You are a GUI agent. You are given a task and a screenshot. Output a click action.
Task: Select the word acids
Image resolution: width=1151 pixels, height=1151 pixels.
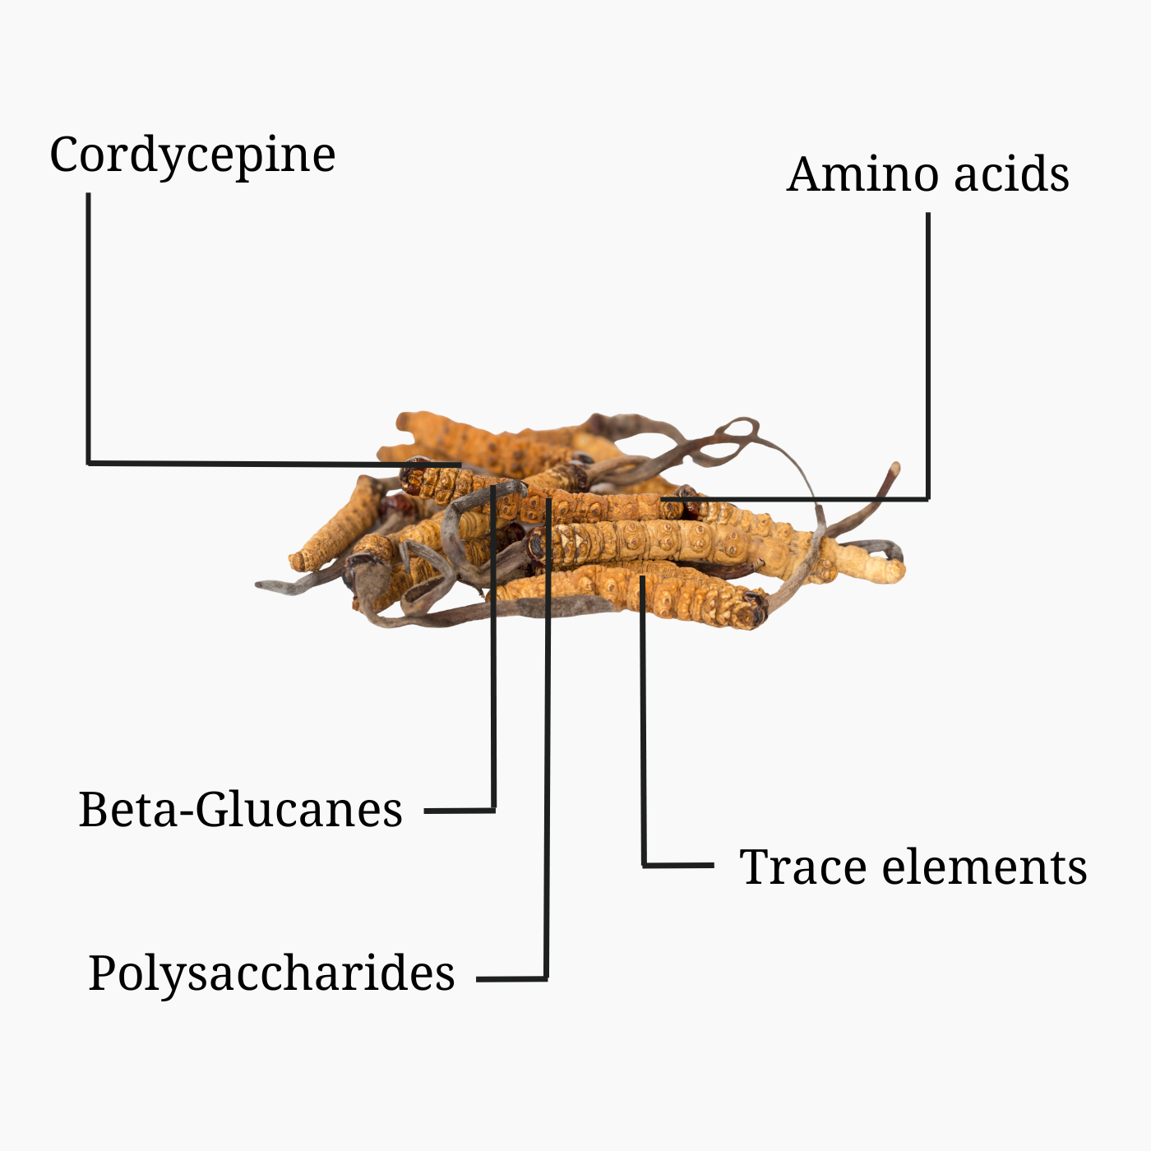[x=1012, y=174]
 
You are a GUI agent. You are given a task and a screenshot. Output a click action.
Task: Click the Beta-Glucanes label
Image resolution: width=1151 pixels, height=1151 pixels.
[x=241, y=810]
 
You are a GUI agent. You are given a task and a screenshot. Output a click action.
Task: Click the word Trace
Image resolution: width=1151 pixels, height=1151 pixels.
[x=803, y=866]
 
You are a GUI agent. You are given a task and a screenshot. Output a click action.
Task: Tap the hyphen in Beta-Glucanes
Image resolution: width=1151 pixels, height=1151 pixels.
[x=187, y=813]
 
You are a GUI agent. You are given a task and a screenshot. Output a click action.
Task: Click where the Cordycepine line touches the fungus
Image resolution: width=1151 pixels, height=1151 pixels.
[x=460, y=465]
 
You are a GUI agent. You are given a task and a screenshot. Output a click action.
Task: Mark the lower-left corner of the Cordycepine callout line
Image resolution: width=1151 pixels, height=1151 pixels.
[x=89, y=463]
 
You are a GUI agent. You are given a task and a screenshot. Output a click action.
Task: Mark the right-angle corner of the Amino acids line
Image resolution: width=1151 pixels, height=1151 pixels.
[x=928, y=498]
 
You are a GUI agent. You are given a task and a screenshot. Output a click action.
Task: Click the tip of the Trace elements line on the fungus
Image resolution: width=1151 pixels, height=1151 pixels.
[x=642, y=576]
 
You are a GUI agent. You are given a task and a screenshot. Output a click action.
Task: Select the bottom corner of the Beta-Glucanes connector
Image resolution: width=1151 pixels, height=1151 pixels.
[x=493, y=811]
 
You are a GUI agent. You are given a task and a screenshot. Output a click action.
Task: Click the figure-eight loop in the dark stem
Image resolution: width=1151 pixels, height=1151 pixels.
[x=737, y=429]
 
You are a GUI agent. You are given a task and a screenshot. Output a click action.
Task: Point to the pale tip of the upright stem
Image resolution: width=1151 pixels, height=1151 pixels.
[x=894, y=469]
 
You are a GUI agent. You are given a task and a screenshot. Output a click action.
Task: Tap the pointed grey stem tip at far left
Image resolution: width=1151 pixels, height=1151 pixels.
[x=259, y=585]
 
